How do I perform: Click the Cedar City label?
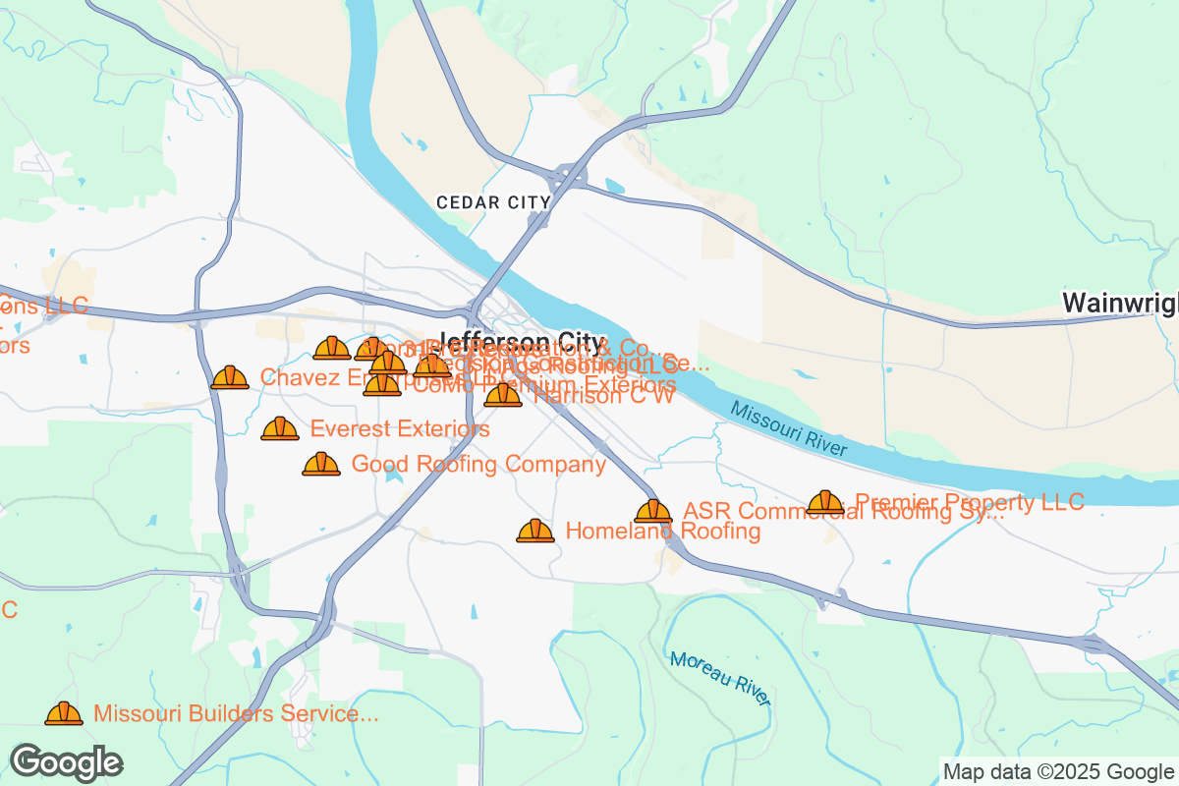click(x=494, y=202)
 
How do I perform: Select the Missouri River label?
click(x=788, y=428)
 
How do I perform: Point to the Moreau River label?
click(x=720, y=677)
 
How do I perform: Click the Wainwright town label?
click(x=1121, y=303)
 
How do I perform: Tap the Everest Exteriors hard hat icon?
click(x=280, y=429)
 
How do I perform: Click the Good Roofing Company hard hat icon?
click(x=321, y=465)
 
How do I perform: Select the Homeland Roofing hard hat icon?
click(x=535, y=532)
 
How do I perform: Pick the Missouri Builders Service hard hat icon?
click(x=64, y=714)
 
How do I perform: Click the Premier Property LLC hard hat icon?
click(x=825, y=503)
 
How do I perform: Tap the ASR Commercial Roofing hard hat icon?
click(x=653, y=512)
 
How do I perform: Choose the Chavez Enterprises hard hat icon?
click(x=230, y=378)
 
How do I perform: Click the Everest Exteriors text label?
click(x=400, y=429)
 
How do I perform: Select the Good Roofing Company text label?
click(x=478, y=465)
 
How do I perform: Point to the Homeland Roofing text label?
click(x=663, y=532)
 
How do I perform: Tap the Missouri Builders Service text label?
click(x=236, y=714)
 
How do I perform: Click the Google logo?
click(x=66, y=761)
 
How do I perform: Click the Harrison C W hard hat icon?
click(x=503, y=396)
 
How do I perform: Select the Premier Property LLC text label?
click(x=970, y=502)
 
